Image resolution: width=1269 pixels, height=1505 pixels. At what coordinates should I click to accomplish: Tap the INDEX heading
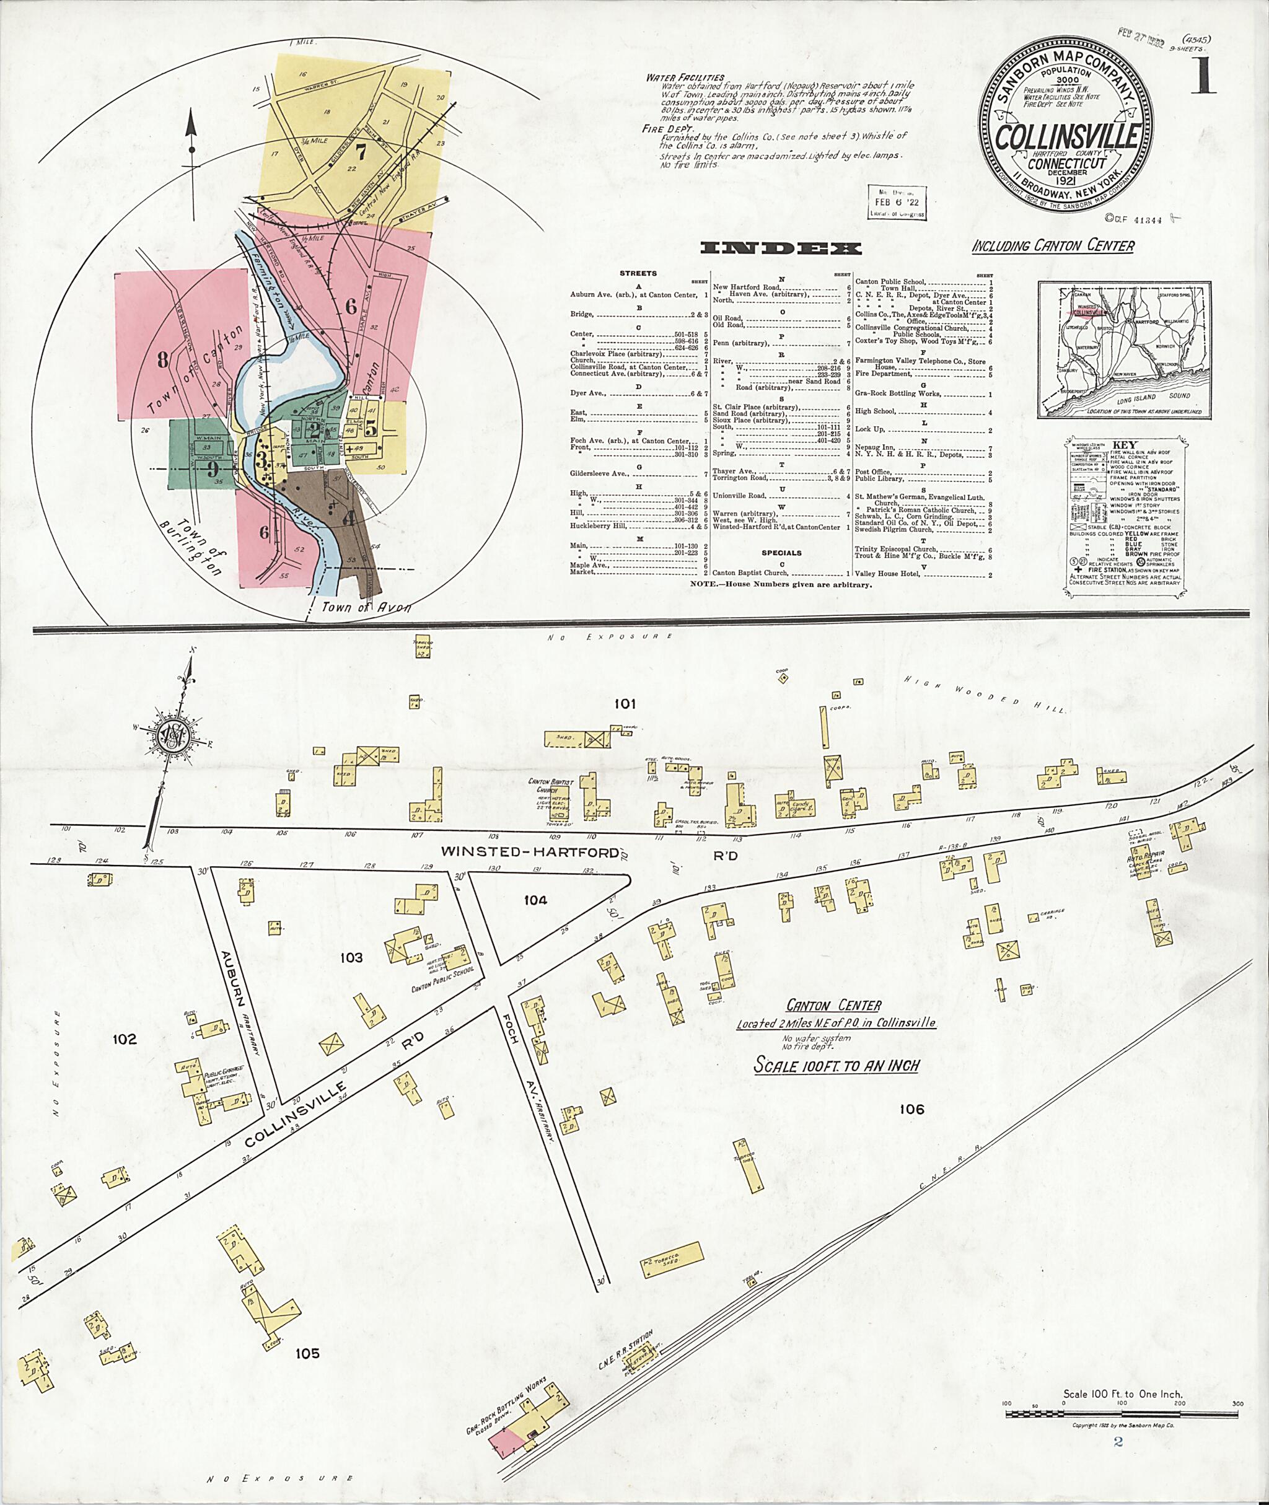point(781,249)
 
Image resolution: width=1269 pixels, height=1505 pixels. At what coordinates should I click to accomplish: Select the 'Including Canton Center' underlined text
point(1053,246)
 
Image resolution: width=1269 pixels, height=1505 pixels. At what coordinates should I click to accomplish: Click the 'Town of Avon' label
point(366,607)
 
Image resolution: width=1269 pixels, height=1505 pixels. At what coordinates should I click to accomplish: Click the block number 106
point(911,1108)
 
